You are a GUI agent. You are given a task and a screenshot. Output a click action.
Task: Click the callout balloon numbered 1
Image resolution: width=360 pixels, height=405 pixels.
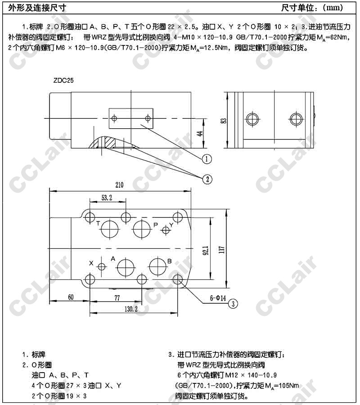click(x=207, y=159)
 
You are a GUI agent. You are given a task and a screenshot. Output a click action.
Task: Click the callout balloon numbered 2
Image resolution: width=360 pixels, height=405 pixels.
click(x=207, y=179)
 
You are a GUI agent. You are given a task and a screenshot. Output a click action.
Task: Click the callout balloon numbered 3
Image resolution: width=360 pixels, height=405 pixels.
click(x=233, y=304)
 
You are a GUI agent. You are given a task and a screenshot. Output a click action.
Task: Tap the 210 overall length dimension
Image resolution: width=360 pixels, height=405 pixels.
click(x=119, y=185)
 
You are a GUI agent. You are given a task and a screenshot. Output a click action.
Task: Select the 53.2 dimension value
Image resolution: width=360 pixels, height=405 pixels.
click(x=107, y=198)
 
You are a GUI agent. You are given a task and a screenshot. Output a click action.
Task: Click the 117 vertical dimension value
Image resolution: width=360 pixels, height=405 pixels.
click(x=221, y=249)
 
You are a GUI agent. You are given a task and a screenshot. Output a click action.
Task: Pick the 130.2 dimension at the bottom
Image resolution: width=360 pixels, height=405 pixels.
click(x=131, y=309)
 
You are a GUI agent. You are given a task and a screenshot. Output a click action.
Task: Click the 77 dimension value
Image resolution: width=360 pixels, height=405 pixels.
click(x=117, y=298)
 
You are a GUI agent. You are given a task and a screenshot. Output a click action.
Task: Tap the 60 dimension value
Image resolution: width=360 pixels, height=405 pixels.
click(x=71, y=297)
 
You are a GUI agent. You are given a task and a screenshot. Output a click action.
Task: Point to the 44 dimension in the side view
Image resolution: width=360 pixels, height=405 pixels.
click(x=200, y=134)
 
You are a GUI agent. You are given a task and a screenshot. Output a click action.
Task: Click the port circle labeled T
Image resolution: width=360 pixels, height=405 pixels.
click(x=109, y=229)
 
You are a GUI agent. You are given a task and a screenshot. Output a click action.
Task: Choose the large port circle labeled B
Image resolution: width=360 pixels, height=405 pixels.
click(x=158, y=266)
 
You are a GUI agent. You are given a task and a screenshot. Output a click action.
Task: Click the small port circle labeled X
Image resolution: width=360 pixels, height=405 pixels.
click(x=102, y=266)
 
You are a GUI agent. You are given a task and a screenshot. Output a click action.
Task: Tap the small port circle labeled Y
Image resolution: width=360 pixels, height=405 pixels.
click(x=166, y=229)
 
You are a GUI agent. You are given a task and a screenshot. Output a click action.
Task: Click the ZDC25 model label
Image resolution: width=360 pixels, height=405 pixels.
click(x=63, y=81)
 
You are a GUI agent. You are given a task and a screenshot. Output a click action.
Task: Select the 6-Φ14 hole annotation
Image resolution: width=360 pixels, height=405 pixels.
click(x=218, y=298)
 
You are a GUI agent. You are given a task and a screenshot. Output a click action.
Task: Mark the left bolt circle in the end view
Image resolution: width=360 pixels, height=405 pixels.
click(x=252, y=119)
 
